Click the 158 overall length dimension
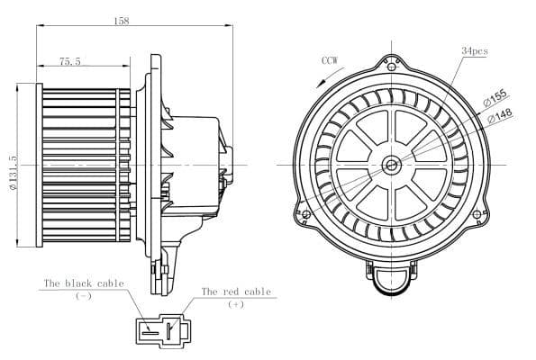(x=122, y=22)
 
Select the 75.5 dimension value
(x=70, y=61)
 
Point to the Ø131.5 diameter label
(x=14, y=173)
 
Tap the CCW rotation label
(x=330, y=60)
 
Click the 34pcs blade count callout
(x=475, y=51)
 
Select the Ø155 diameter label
(x=495, y=98)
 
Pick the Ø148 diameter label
(x=500, y=115)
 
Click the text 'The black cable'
(x=84, y=283)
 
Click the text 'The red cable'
(x=236, y=292)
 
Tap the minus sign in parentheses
(x=84, y=296)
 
